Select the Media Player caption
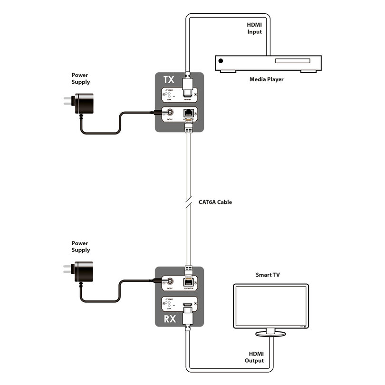(266, 79)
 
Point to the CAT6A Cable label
(215, 202)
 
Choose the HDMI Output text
(254, 357)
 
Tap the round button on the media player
(221, 61)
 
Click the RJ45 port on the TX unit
(187, 114)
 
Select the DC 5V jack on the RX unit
(169, 281)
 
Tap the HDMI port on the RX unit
(187, 303)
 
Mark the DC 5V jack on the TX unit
(169, 113)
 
